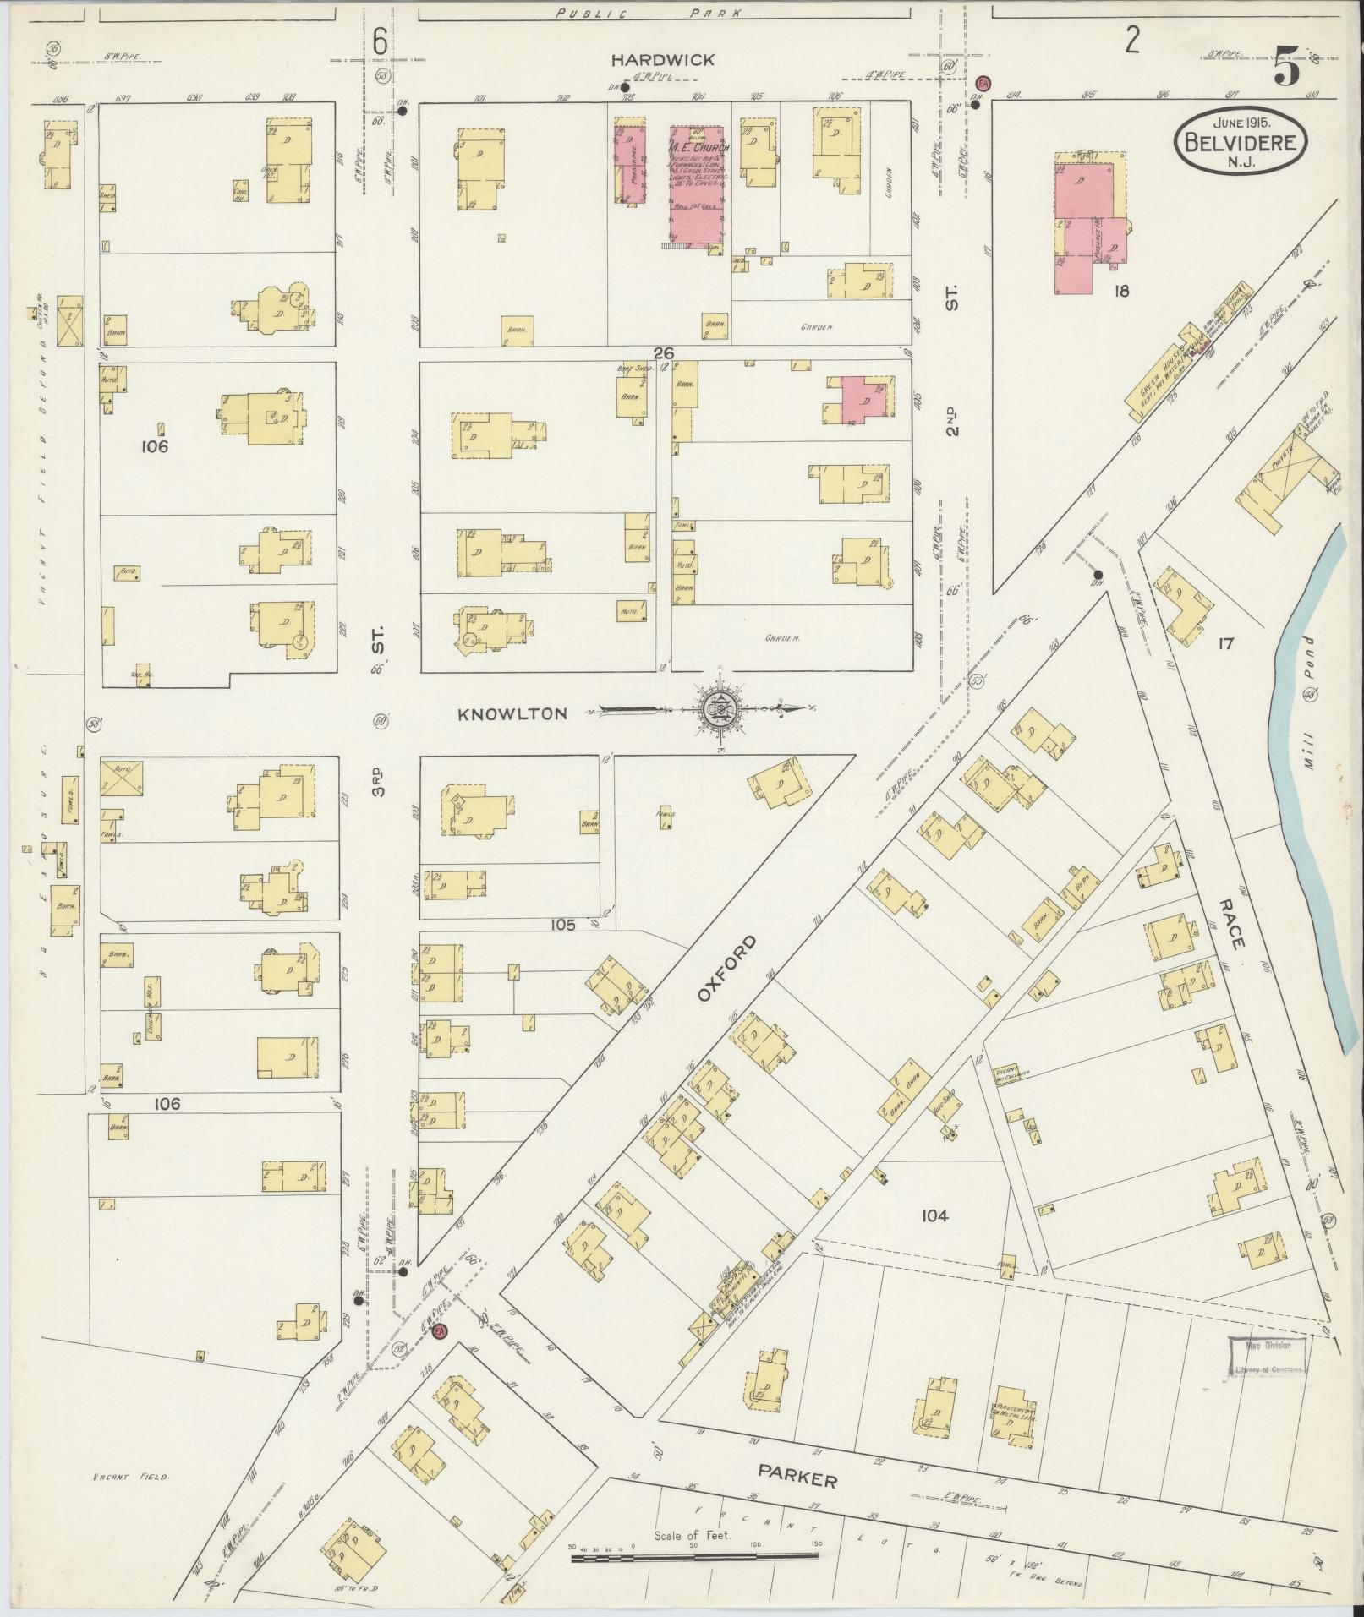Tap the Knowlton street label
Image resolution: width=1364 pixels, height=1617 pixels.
tap(512, 714)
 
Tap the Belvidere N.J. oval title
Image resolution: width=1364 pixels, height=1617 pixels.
tap(1240, 141)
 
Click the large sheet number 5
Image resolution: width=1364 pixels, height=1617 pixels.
tap(1286, 68)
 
